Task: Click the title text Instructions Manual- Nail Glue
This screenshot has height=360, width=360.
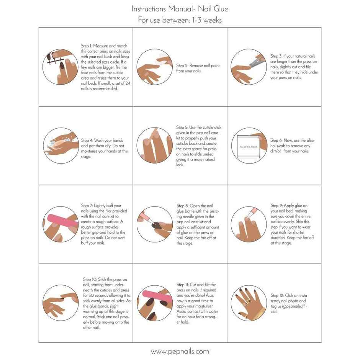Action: (x=180, y=8)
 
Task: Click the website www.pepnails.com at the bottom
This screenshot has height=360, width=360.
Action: (x=180, y=351)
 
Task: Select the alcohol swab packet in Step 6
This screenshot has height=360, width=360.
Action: (x=248, y=147)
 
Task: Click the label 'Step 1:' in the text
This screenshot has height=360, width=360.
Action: (x=88, y=46)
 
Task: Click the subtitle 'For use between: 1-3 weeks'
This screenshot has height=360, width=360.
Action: (x=180, y=20)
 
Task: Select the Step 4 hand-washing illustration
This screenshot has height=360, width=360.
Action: (x=61, y=146)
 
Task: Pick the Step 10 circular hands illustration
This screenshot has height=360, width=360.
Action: (x=61, y=303)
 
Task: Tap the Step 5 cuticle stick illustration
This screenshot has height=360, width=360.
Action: (x=155, y=146)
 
